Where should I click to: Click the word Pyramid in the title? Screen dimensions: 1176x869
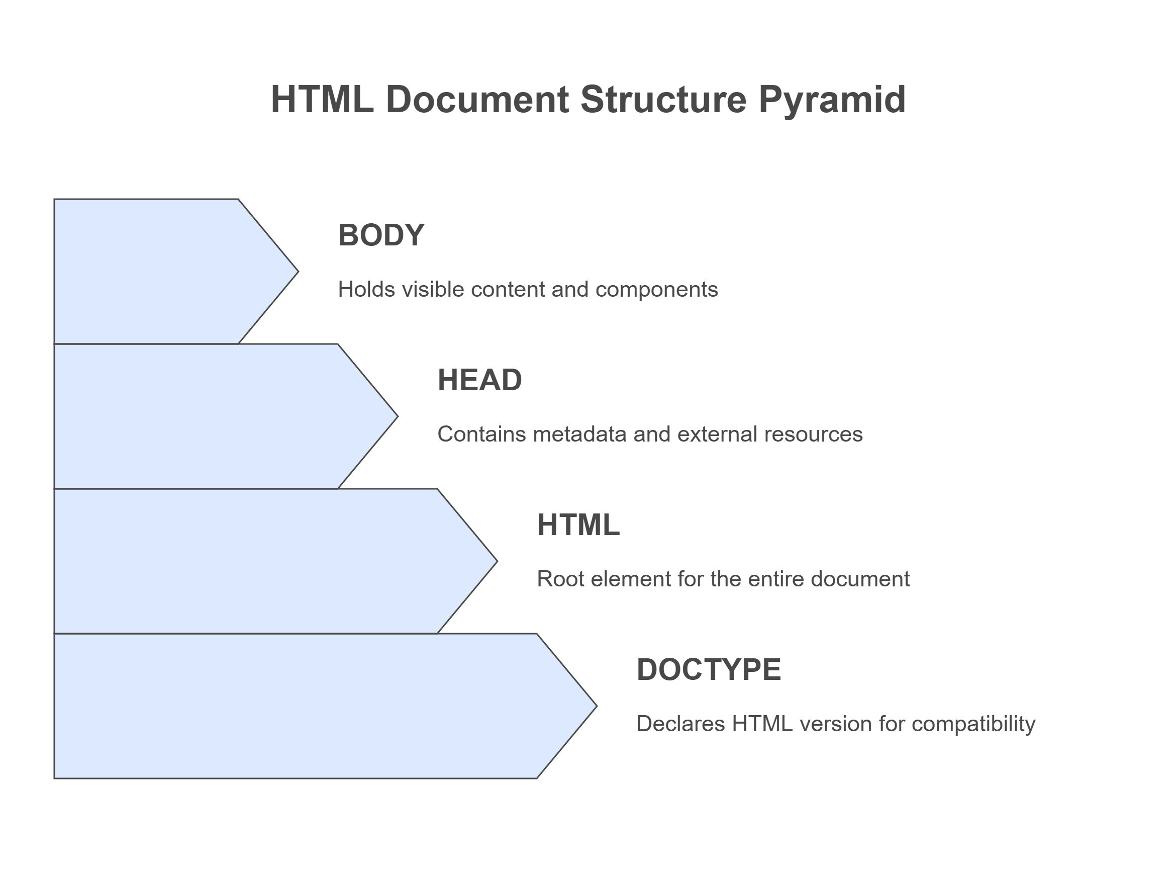click(832, 100)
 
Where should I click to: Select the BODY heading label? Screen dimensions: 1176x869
click(381, 235)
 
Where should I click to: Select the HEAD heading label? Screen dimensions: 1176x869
click(479, 380)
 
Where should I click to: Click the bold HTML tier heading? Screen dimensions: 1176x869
click(578, 525)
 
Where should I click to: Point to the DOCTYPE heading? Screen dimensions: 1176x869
click(709, 670)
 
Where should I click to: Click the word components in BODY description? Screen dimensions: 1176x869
click(657, 290)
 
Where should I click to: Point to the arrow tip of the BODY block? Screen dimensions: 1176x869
click(298, 272)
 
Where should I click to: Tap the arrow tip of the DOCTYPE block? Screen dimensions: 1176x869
click(597, 706)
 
